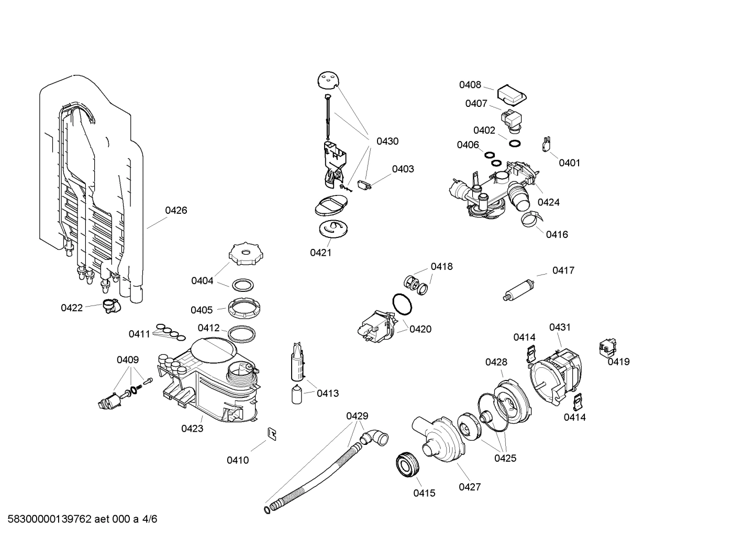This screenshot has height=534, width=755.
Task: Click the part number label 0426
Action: pyautogui.click(x=176, y=211)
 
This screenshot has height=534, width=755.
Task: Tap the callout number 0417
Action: pyautogui.click(x=563, y=271)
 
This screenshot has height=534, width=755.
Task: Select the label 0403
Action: pyautogui.click(x=403, y=169)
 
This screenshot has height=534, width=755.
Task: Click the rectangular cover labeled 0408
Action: pyautogui.click(x=511, y=94)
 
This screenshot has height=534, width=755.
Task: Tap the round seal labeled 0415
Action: pyautogui.click(x=407, y=464)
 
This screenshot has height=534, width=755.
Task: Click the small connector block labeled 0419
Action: pyautogui.click(x=607, y=347)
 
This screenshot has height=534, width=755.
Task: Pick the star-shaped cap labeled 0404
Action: pyautogui.click(x=245, y=255)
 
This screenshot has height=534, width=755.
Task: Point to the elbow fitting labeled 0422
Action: pyautogui.click(x=110, y=306)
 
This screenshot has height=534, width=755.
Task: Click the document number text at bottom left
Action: pyautogui.click(x=79, y=519)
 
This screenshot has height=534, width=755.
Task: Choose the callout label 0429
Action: pyautogui.click(x=357, y=416)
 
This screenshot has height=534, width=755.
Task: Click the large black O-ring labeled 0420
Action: pyautogui.click(x=402, y=304)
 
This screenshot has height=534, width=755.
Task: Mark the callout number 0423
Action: pyautogui.click(x=192, y=429)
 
